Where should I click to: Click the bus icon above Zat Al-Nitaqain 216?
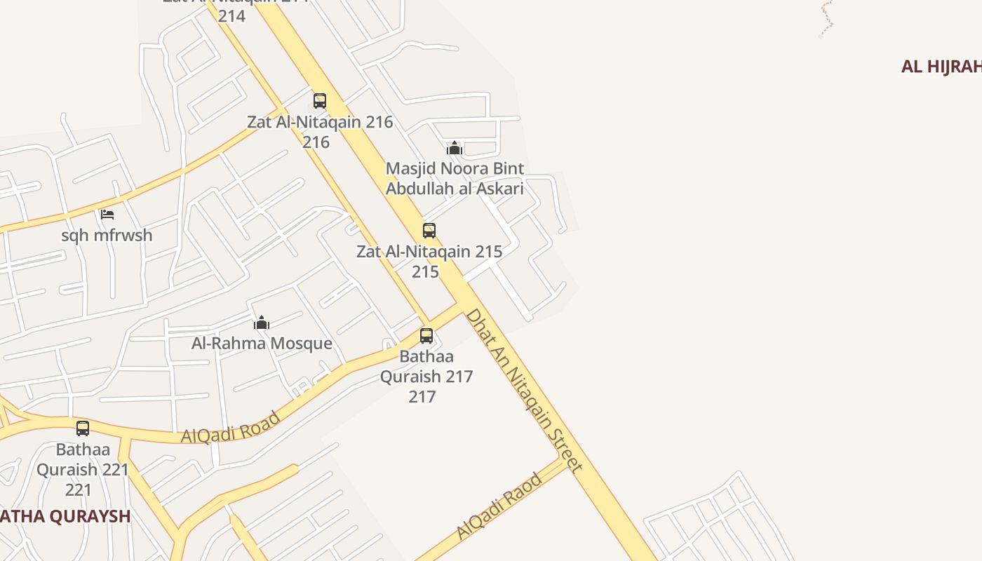[320, 101]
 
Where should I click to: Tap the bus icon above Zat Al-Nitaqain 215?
[429, 230]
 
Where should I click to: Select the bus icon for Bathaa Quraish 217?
[426, 336]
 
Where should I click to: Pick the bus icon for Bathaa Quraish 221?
[83, 428]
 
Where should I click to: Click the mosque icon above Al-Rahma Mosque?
[262, 323]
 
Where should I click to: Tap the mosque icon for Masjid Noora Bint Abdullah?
[455, 148]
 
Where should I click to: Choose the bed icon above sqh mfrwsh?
[107, 215]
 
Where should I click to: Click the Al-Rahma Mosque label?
[262, 344]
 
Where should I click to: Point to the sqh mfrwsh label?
[107, 235]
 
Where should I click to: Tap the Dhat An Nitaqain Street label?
[524, 391]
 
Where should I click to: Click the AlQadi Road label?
[231, 427]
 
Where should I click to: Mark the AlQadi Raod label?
[499, 506]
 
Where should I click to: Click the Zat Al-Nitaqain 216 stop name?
[320, 122]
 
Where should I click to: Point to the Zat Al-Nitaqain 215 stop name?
[429, 252]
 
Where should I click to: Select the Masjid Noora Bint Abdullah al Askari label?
[455, 179]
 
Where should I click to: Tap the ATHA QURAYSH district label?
[65, 517]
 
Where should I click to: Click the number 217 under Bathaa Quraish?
[422, 397]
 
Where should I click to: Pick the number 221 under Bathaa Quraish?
[79, 489]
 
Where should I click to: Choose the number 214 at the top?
[231, 15]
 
